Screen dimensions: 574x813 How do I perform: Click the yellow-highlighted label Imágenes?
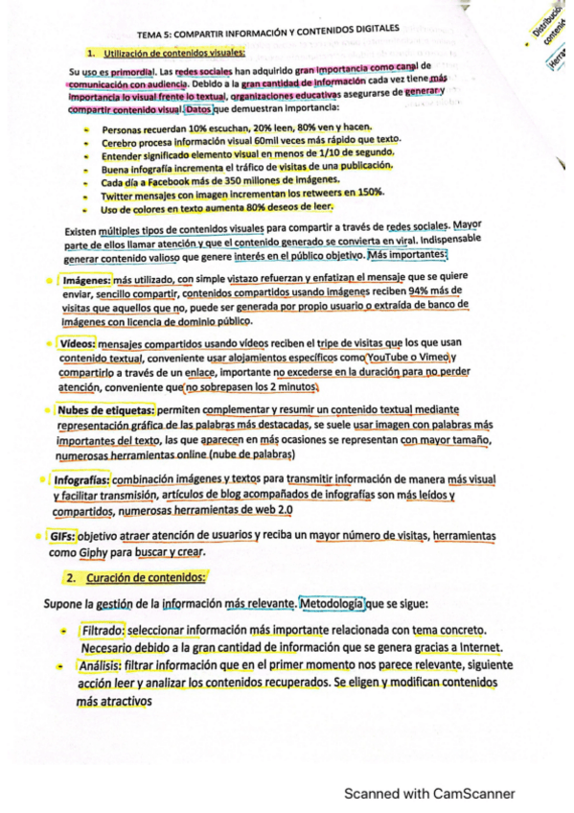click(89, 280)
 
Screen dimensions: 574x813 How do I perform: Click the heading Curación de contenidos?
click(145, 578)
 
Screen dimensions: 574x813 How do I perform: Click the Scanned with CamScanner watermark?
click(429, 793)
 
